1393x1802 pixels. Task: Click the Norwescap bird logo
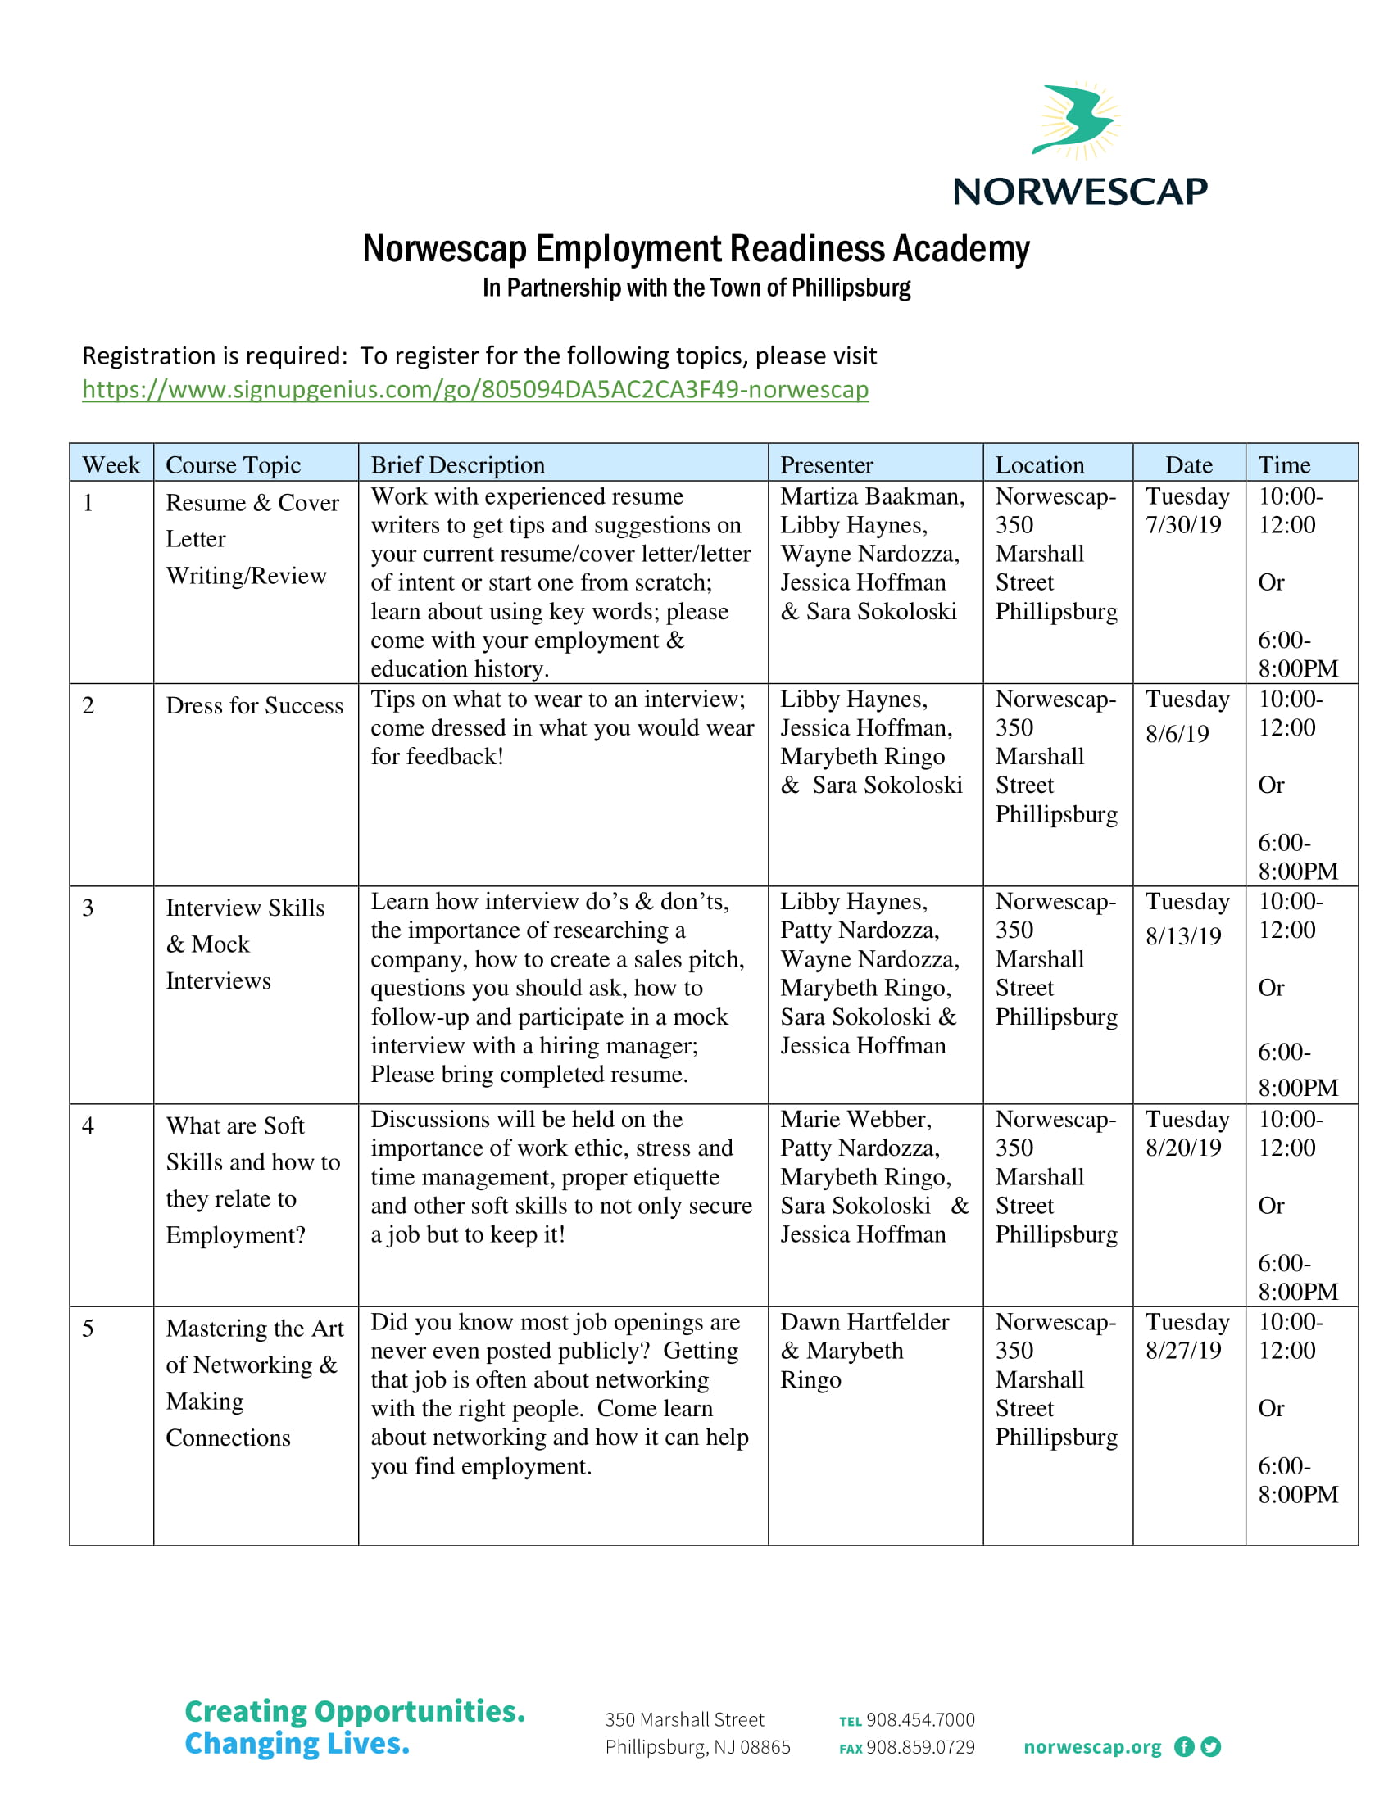[x=1074, y=120]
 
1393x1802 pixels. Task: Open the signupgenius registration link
[x=475, y=389]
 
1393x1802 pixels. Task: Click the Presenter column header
[x=826, y=465]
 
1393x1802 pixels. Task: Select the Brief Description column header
[x=458, y=465]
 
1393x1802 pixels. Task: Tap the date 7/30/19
[x=1182, y=526]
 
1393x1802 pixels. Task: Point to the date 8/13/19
[x=1182, y=936]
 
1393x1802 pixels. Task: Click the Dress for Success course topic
[x=254, y=706]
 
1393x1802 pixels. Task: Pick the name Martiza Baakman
[x=872, y=496]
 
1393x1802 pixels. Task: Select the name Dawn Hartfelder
[x=864, y=1323]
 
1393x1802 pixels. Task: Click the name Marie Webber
[x=855, y=1120]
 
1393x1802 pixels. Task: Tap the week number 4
[x=88, y=1126]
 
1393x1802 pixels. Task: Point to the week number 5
[x=88, y=1329]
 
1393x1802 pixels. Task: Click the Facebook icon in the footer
[x=1183, y=1748]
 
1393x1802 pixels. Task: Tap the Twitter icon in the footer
[x=1210, y=1748]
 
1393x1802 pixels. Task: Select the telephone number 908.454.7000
[x=919, y=1720]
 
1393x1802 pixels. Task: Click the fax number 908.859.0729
[x=919, y=1748]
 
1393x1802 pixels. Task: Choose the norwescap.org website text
[x=1091, y=1748]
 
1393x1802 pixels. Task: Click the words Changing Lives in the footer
[x=297, y=1744]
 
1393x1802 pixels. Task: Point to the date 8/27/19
[x=1182, y=1351]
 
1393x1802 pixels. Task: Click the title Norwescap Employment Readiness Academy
[x=696, y=249]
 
